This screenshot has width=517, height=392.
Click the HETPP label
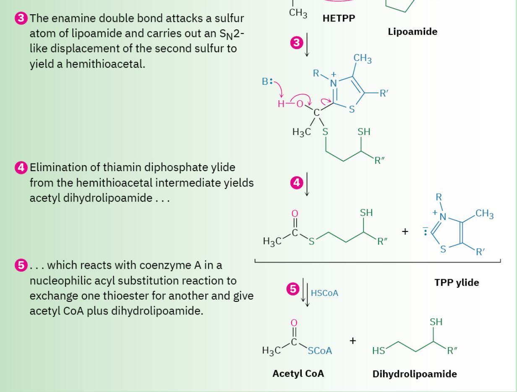(339, 18)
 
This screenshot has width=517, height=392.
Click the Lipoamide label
(413, 31)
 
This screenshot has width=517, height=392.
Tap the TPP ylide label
(457, 282)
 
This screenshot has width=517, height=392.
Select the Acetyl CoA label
(298, 373)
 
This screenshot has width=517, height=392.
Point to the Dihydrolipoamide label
(415, 374)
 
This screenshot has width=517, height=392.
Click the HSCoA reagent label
(324, 293)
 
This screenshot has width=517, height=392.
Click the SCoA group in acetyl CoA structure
(320, 350)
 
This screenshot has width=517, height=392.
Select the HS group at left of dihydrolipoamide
(379, 351)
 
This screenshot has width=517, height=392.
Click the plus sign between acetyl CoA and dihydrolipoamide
(352, 341)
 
